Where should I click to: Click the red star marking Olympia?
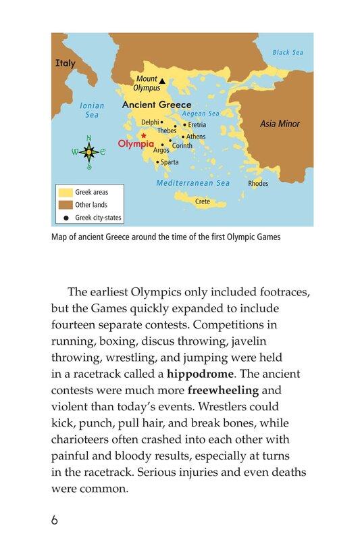coord(143,136)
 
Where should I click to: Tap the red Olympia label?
coord(136,144)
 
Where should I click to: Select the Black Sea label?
coord(289,52)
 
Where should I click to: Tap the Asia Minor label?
coord(280,124)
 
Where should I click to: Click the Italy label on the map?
coord(66,64)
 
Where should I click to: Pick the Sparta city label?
coord(170,162)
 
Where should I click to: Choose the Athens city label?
coord(196,137)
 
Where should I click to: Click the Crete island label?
coord(203,201)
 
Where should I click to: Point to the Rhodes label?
coord(258,183)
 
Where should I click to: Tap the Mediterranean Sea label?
coord(193,183)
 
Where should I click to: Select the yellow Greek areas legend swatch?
coord(65,193)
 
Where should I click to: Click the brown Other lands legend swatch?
coord(65,205)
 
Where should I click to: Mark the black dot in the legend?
coord(66,218)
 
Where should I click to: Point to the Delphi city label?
coord(149,122)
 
